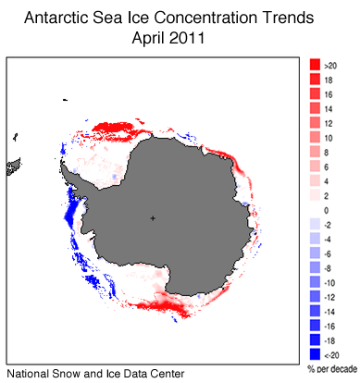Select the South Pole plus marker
[154, 218]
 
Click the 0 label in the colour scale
[327, 211]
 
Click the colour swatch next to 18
[315, 80]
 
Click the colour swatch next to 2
[315, 196]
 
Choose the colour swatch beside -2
[315, 225]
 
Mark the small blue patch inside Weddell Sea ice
[115, 175]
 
